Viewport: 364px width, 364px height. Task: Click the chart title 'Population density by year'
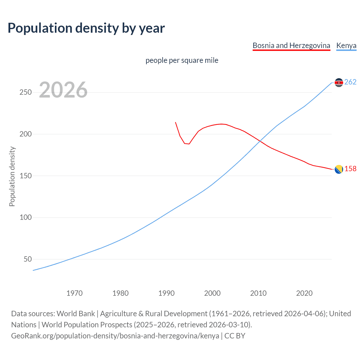[86, 28]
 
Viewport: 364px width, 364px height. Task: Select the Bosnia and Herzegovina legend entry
[291, 45]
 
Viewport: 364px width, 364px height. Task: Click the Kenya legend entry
[346, 45]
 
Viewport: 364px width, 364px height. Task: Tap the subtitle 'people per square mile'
[182, 60]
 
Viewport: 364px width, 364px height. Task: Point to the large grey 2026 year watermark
[63, 90]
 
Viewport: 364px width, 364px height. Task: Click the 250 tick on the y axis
[25, 92]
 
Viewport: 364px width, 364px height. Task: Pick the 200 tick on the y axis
[25, 134]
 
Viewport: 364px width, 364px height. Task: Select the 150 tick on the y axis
[25, 176]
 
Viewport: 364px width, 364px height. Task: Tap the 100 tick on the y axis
[25, 217]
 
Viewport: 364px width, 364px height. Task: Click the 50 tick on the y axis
[28, 259]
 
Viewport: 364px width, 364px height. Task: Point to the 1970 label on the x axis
[75, 293]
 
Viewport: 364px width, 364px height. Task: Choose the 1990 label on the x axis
[166, 293]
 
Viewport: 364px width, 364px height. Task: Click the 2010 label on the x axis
[258, 293]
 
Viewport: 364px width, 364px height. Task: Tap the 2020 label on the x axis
[304, 293]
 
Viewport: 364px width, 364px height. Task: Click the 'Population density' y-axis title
[12, 176]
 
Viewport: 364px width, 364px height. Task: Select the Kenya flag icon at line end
[339, 82]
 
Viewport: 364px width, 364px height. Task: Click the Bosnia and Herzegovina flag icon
[339, 169]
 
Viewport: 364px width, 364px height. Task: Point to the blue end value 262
[350, 82]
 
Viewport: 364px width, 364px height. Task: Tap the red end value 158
[350, 169]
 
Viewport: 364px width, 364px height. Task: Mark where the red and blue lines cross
[259, 141]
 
